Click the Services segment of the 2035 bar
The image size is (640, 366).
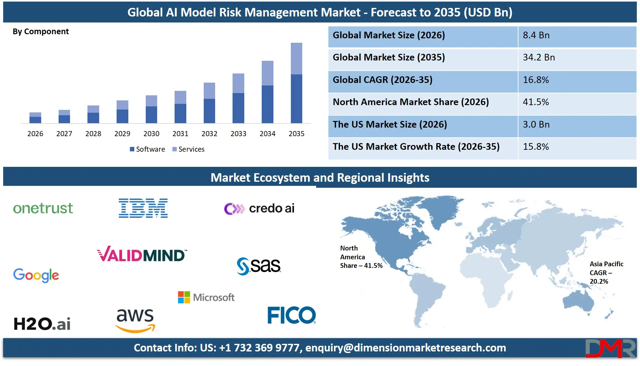[x=296, y=59]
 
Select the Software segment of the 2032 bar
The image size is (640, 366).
[x=209, y=111]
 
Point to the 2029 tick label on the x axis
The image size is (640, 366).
[x=122, y=134]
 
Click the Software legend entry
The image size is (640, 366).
[x=147, y=149]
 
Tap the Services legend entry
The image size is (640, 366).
[x=189, y=149]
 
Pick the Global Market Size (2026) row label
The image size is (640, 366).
[x=389, y=35]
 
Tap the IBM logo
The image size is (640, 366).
[x=143, y=208]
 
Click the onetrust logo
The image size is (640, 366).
[x=43, y=208]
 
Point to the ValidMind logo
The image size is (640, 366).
[x=142, y=255]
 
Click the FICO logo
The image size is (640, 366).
[x=291, y=315]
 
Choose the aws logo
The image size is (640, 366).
[x=135, y=320]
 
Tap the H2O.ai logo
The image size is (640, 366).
[x=42, y=324]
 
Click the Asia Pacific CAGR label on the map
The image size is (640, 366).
[x=606, y=273]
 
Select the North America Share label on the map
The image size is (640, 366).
[x=361, y=257]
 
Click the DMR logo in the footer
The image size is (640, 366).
[x=610, y=348]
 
